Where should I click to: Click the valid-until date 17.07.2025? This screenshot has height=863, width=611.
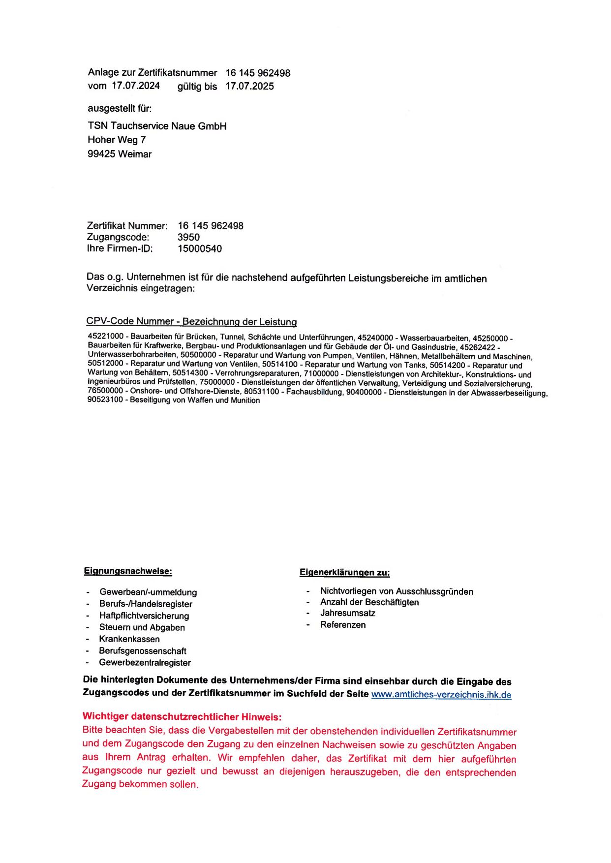pos(249,86)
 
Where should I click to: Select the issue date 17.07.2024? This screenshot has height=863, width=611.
pos(136,86)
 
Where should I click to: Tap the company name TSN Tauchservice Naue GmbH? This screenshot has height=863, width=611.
pos(157,126)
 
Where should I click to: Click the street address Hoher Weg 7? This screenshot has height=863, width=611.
pos(117,140)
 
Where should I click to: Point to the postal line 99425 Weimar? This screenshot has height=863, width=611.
pos(120,154)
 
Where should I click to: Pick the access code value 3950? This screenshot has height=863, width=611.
pos(188,237)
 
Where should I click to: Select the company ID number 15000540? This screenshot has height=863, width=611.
pos(200,248)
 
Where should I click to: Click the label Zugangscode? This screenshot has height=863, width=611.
pos(118,237)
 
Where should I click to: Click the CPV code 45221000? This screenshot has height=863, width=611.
pos(106,336)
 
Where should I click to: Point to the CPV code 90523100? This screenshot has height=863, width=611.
pos(105,400)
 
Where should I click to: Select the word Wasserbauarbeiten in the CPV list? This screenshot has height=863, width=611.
pos(434,338)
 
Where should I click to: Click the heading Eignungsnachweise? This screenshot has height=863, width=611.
pos(128,571)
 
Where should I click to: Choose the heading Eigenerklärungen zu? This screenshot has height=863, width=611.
pos(344,572)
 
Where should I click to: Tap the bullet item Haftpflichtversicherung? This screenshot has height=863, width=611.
pos(144,616)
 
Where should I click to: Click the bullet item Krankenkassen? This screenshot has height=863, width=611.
pos(129,639)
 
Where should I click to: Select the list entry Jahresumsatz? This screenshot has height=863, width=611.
pos(348,613)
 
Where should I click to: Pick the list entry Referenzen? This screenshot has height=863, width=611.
pos(343,625)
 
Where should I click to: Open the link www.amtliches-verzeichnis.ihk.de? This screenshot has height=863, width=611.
pos(441,695)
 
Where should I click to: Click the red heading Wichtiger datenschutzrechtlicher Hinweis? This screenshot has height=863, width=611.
pos(182,716)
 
